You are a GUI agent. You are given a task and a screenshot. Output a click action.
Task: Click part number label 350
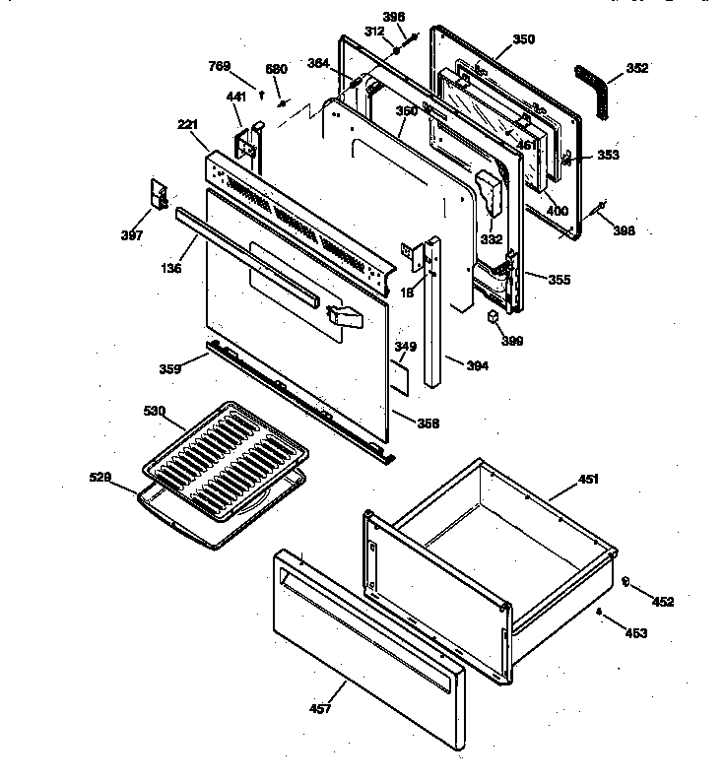point(524,39)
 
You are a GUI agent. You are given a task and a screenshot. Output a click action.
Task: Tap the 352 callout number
point(637,69)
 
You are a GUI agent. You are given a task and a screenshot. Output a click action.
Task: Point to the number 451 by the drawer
point(587,480)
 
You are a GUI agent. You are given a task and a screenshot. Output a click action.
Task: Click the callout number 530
point(155,410)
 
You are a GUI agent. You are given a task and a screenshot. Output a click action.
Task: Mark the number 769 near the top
point(219,66)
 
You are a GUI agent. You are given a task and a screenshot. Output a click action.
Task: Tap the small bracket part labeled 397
point(155,194)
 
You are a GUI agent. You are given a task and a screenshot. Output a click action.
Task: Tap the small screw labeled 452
point(625,582)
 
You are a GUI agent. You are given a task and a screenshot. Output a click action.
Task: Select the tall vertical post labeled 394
point(434,315)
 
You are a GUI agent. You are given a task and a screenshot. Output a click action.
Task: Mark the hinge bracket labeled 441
point(247,143)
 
